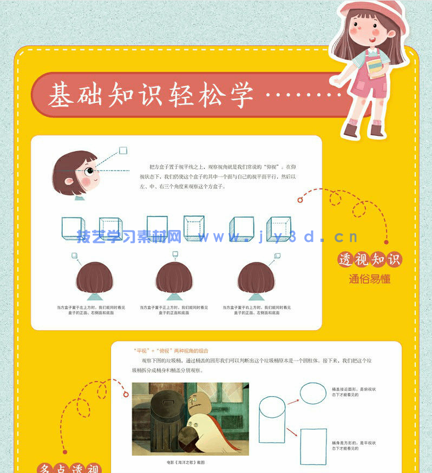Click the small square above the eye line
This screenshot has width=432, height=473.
pyautogui.click(x=123, y=150)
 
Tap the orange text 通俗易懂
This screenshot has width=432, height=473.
pyautogui.click(x=369, y=279)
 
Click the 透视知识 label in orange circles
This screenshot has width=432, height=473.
pyautogui.click(x=370, y=260)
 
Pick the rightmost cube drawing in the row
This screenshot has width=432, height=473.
pyautogui.click(x=279, y=228)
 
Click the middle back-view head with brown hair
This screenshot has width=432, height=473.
pyautogui.click(x=174, y=278)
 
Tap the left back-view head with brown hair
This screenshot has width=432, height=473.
pyautogui.click(x=94, y=278)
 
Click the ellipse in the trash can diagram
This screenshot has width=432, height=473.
pyautogui.click(x=311, y=393)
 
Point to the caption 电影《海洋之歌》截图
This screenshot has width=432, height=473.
pyautogui.click(x=186, y=463)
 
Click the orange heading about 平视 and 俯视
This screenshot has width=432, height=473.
pyautogui.click(x=171, y=351)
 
